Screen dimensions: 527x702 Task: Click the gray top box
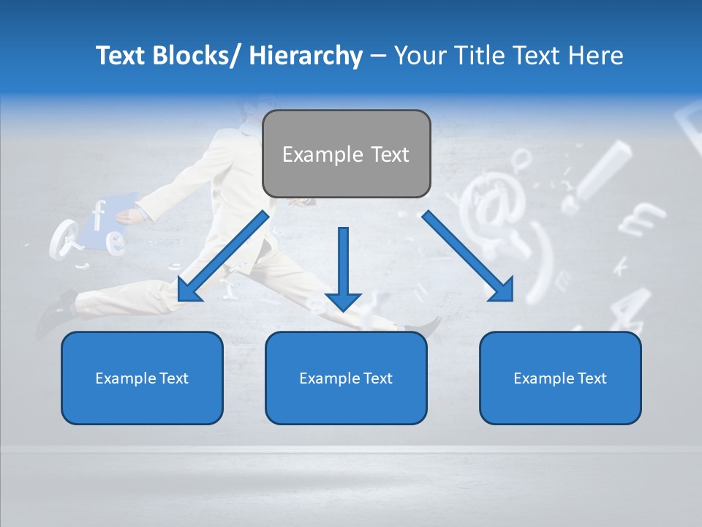(x=346, y=154)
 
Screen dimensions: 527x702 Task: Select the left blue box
(x=142, y=378)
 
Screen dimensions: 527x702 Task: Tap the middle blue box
(x=346, y=378)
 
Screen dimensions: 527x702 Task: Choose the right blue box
(x=560, y=378)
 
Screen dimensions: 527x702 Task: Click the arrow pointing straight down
(x=343, y=271)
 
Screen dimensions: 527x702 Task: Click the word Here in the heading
(x=595, y=56)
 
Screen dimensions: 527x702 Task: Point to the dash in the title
(x=378, y=56)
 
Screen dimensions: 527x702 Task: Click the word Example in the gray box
(x=312, y=154)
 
